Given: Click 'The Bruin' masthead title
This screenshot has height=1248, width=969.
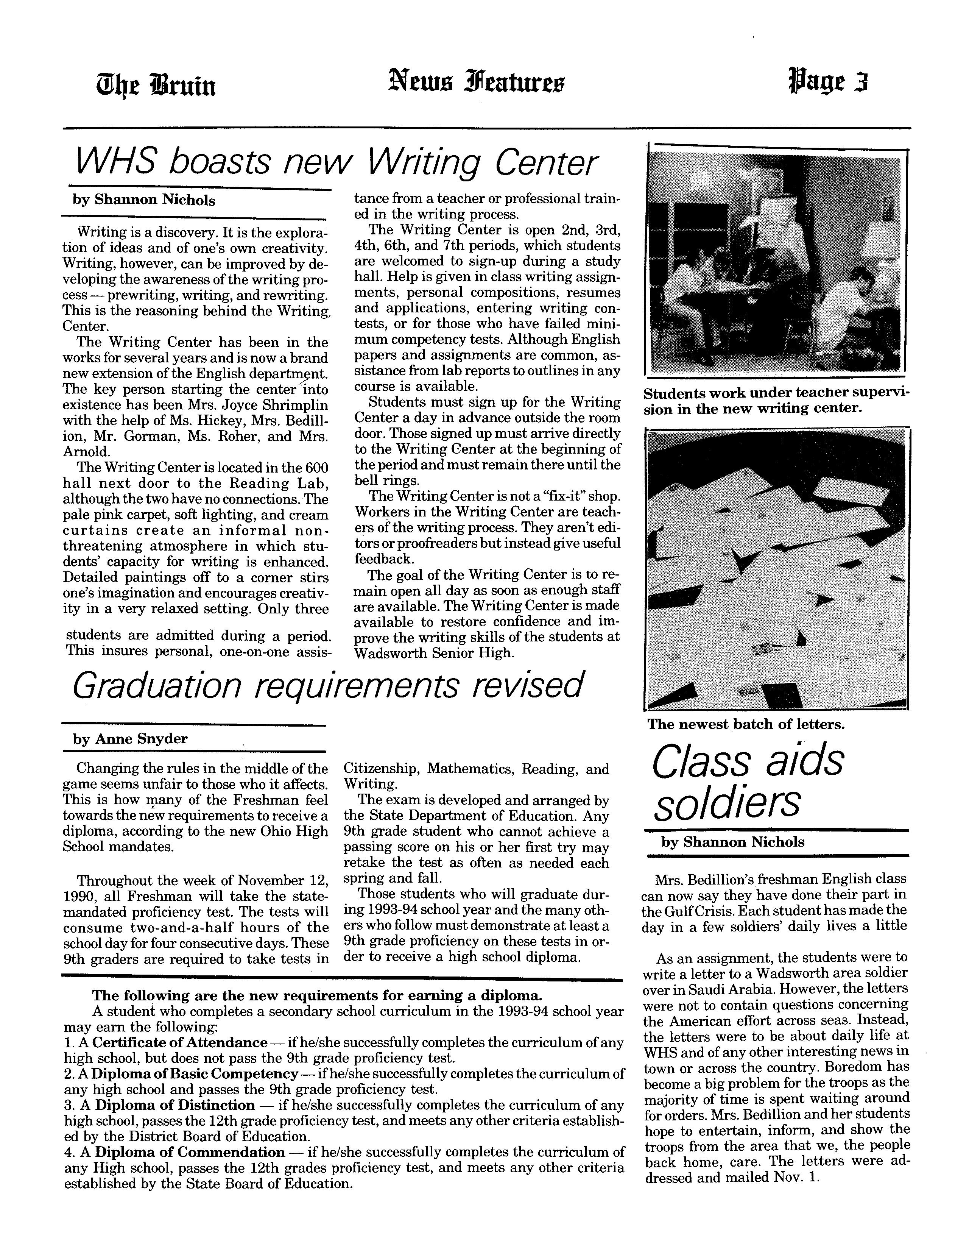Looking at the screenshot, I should tap(156, 86).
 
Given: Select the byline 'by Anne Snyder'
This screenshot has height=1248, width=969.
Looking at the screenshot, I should tap(130, 739).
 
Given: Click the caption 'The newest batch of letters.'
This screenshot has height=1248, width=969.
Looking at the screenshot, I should tap(746, 725).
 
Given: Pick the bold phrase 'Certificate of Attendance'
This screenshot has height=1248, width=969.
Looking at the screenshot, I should tap(180, 1043).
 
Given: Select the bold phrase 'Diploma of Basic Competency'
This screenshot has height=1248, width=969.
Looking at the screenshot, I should tap(195, 1074).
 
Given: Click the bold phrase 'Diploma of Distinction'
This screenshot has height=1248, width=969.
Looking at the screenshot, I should tap(175, 1105).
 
